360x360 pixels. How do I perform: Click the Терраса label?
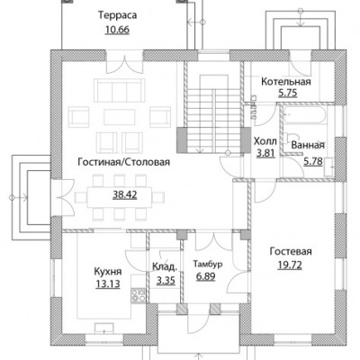(118, 15)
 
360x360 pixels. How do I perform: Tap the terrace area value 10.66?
(117, 30)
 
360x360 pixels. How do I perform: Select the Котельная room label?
(286, 81)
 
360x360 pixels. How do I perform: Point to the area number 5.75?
(287, 93)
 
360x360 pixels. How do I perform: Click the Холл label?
(265, 141)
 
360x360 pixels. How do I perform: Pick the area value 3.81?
(265, 153)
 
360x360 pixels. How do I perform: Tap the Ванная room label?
(308, 145)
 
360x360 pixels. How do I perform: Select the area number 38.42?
(125, 195)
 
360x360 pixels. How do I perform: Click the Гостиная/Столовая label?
(124, 162)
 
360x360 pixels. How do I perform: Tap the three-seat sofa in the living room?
(120, 90)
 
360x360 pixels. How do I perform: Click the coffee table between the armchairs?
(120, 117)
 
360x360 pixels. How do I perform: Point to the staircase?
(213, 114)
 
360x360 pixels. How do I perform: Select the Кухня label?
(108, 272)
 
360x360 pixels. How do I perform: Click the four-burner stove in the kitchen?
(139, 295)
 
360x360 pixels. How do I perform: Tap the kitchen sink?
(104, 328)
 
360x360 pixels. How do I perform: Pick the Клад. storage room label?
(164, 266)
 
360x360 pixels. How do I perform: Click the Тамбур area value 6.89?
(206, 276)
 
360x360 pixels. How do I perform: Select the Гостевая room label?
(291, 251)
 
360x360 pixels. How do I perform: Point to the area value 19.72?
(290, 265)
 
